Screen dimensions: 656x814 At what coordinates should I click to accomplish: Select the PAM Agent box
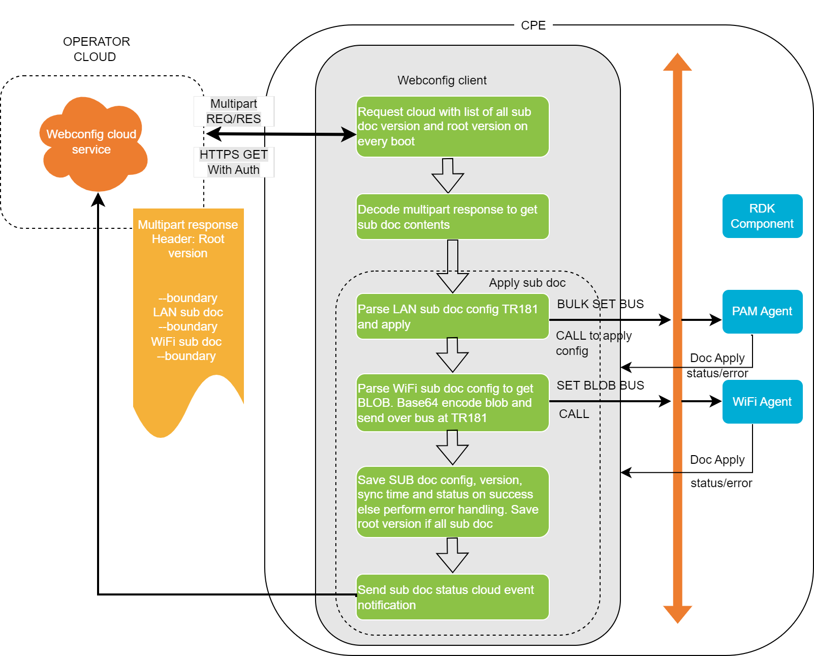pos(762,312)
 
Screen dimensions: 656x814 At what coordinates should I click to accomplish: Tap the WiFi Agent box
pos(762,402)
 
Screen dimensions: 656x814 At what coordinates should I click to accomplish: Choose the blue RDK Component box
pos(762,216)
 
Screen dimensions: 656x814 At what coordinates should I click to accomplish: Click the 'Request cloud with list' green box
pos(452,127)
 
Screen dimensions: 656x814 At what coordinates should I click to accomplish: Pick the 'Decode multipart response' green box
pos(452,217)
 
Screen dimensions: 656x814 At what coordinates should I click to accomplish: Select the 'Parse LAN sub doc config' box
pos(452,316)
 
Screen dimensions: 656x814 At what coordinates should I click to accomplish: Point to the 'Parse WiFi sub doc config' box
pos(452,403)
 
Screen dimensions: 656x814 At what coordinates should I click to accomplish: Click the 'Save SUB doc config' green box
pos(452,502)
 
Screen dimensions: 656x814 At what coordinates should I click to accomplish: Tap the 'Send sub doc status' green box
pos(452,597)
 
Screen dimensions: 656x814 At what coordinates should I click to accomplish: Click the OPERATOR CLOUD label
pos(96,49)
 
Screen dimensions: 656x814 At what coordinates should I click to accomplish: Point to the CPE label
pos(533,25)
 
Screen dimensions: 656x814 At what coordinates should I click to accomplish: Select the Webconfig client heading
pos(442,80)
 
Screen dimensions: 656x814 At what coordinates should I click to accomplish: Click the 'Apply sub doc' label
pos(527,283)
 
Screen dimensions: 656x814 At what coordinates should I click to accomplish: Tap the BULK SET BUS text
pos(600,304)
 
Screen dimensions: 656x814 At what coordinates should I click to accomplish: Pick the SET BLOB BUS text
pos(600,385)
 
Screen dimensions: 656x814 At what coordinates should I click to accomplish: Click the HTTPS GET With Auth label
pos(234,162)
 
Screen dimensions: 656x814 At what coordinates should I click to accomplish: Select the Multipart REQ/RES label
pos(234,111)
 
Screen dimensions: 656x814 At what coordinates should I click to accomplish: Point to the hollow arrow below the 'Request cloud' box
pos(448,175)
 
